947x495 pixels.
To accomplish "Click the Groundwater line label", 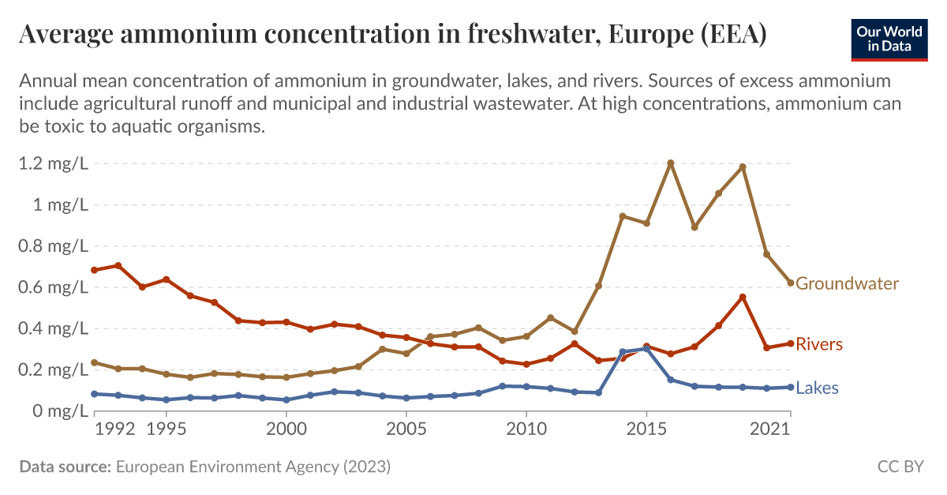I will tap(847, 283).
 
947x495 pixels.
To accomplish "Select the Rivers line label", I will tap(819, 344).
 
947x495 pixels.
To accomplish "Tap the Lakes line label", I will tap(817, 388).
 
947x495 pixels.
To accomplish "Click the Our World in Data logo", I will tap(889, 38).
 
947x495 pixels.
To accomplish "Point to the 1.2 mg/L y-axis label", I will tap(50, 164).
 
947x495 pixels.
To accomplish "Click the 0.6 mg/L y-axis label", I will tap(50, 287).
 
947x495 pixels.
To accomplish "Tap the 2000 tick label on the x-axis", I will tap(286, 429).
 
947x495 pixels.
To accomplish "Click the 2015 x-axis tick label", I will tap(646, 429).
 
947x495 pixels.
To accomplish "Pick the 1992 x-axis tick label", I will tap(115, 429).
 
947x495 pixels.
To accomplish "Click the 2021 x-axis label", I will tap(770, 429).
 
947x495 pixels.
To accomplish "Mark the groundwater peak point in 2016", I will tap(671, 163).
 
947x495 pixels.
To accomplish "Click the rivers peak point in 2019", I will tap(743, 297).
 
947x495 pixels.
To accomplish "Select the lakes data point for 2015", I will tap(646, 348).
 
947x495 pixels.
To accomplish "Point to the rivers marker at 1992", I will tap(118, 265).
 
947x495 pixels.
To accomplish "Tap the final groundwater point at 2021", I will tap(791, 283).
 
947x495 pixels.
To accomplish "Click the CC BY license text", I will tap(900, 467).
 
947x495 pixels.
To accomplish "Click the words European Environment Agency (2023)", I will tap(253, 467).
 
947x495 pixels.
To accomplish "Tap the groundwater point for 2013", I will tap(598, 286).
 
